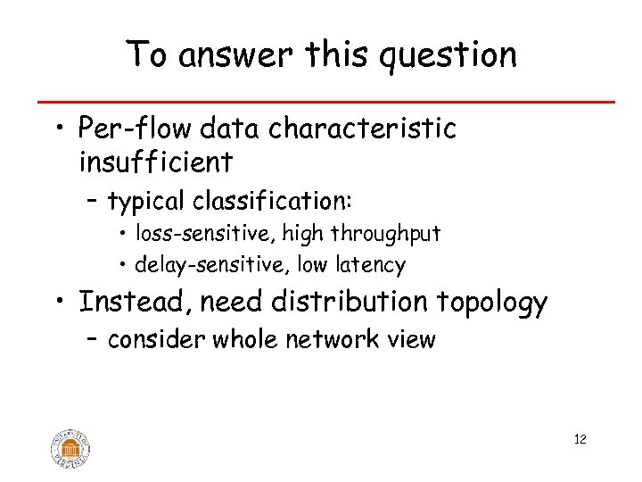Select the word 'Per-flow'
(136, 129)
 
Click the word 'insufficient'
(156, 162)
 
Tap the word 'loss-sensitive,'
(207, 235)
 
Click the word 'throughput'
(385, 235)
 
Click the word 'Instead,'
(135, 303)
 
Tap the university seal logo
(71, 448)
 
